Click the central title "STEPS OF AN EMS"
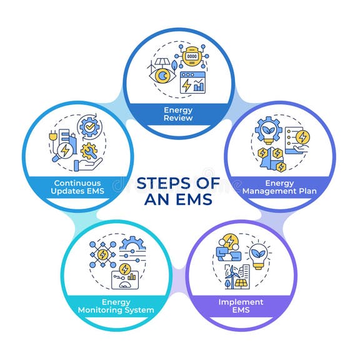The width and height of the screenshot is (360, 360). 179,191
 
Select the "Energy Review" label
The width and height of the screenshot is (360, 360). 179,114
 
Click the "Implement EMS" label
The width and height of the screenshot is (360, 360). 241,306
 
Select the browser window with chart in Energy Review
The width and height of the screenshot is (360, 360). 194,82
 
